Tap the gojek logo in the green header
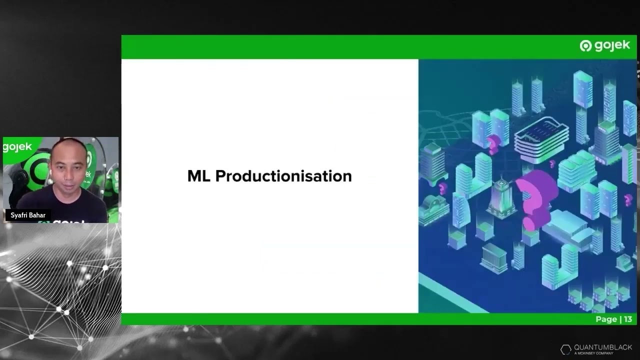click(605, 46)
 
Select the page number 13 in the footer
click(627, 319)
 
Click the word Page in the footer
click(605, 319)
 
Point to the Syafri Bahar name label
click(28, 215)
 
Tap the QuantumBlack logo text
click(602, 347)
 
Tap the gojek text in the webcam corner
click(17, 147)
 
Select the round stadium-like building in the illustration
click(541, 137)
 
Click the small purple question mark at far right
click(628, 199)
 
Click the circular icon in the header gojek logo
click(585, 46)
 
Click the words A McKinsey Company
click(593, 353)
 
